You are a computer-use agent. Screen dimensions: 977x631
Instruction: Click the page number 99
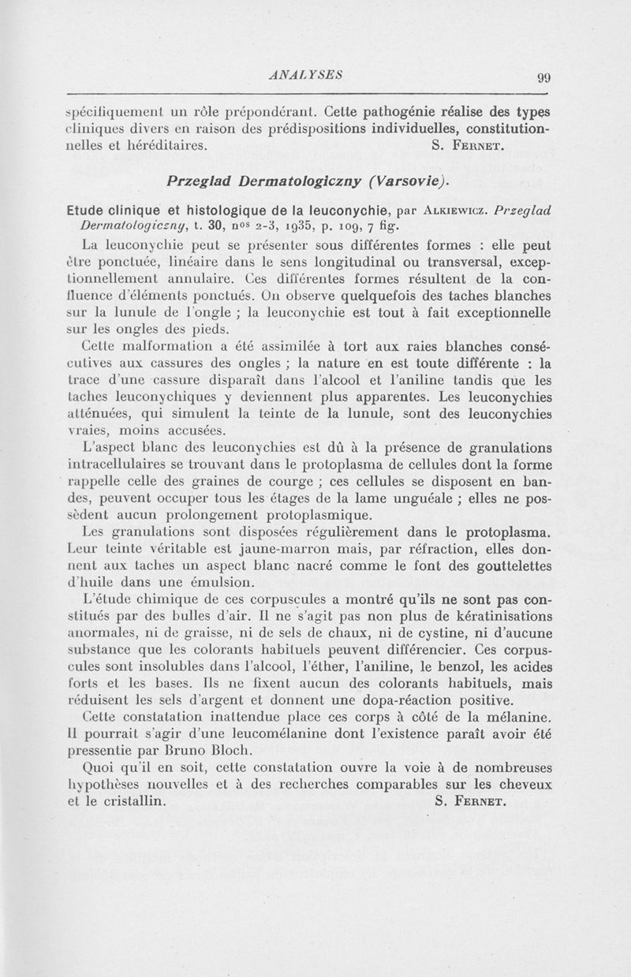[543, 77]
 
